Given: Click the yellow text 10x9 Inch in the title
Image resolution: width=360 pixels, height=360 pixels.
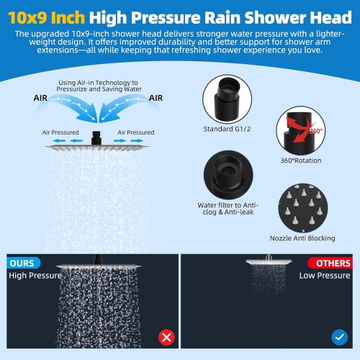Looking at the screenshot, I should pos(48,14).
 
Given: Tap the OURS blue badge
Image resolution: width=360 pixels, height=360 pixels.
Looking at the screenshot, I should pos(23,263).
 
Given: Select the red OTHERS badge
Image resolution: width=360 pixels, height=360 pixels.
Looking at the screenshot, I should pos(331,263).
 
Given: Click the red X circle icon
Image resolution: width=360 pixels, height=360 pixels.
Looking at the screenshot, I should pos(167,336).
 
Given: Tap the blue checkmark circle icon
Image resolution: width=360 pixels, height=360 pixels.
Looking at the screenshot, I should pos(338,336).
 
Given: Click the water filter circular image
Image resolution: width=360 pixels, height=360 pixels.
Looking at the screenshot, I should pos(230,173).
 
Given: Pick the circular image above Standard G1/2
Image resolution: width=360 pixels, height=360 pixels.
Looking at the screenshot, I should pos(230,99).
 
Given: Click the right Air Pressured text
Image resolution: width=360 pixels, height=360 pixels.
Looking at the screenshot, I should pos(136,132).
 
